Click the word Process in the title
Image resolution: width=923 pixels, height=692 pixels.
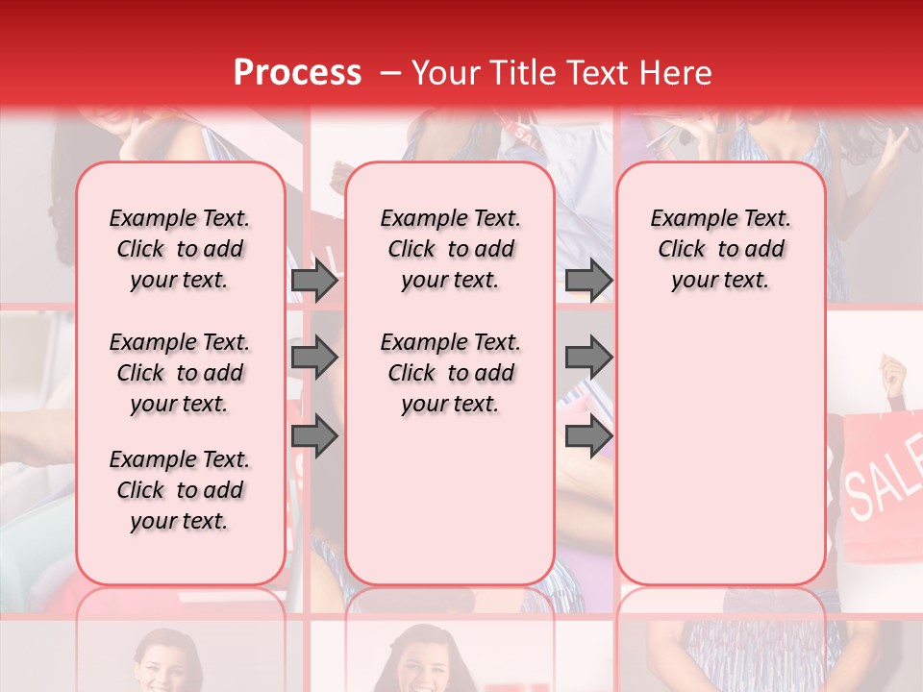click(x=297, y=73)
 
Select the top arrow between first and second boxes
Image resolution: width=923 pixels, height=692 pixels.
click(x=314, y=281)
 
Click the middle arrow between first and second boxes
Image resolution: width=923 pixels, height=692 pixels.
click(x=314, y=358)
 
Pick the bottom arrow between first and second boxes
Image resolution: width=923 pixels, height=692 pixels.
click(x=314, y=436)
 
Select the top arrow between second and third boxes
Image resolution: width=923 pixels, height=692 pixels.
click(x=588, y=281)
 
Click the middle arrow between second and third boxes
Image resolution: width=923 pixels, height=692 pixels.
click(x=588, y=358)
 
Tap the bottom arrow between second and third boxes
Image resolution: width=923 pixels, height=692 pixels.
click(x=588, y=436)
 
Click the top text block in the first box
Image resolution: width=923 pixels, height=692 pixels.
click(x=180, y=249)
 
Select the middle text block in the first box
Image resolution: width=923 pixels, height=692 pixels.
click(x=180, y=373)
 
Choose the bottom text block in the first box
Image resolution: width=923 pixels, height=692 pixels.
click(x=180, y=490)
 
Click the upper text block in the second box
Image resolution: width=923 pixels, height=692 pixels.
click(x=450, y=249)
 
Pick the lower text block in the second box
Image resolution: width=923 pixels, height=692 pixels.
click(x=450, y=373)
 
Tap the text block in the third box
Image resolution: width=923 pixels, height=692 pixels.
click(x=720, y=249)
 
